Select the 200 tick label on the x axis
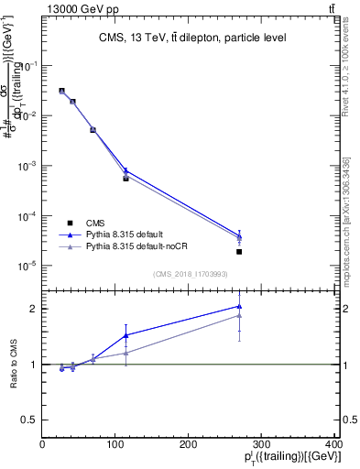(188, 448)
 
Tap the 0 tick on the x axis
(43, 448)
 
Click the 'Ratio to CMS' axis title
(13, 364)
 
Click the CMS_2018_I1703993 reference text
(191, 273)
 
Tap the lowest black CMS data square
(239, 252)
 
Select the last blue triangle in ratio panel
(239, 307)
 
